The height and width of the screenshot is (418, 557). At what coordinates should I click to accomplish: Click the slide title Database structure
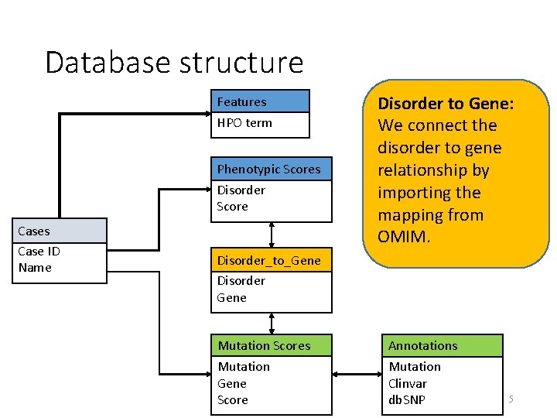[174, 63]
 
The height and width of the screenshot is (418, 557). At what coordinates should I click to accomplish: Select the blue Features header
[260, 101]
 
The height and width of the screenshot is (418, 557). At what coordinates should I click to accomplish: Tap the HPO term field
[244, 123]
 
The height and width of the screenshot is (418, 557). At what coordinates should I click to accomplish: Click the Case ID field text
[39, 252]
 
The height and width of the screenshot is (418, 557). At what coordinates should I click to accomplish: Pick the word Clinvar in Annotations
[408, 384]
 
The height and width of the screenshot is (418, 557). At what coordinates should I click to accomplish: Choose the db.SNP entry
[407, 400]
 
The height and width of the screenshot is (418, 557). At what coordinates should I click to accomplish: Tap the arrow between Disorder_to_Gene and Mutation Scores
[272, 324]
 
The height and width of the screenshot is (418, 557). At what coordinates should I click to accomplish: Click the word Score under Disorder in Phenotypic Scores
[232, 207]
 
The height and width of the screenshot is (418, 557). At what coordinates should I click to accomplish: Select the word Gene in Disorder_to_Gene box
[231, 298]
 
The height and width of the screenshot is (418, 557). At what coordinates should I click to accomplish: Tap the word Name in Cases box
[35, 268]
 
